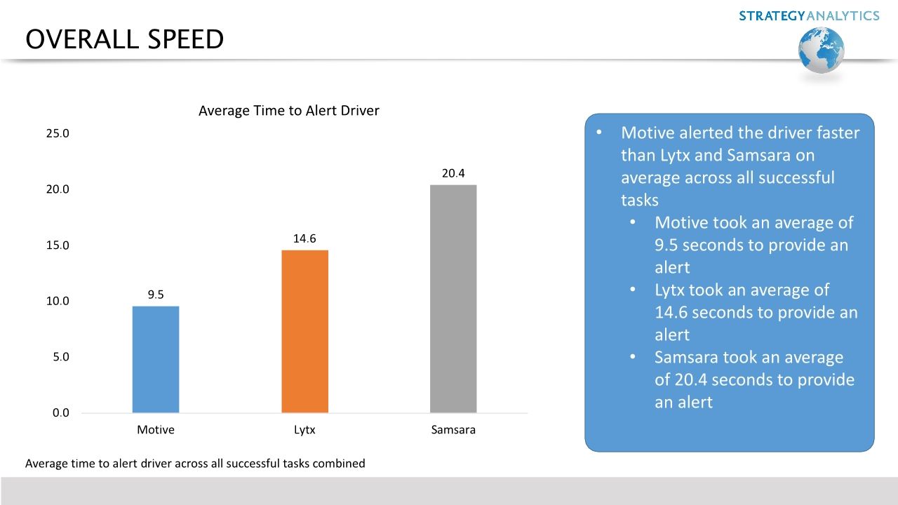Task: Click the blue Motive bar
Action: pyautogui.click(x=155, y=359)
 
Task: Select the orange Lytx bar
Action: pyautogui.click(x=304, y=331)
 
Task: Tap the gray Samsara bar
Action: pyautogui.click(x=453, y=299)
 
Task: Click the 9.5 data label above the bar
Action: pyautogui.click(x=156, y=295)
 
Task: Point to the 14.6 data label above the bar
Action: pyautogui.click(x=304, y=238)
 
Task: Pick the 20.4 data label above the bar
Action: pyautogui.click(x=453, y=173)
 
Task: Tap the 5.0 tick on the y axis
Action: pyautogui.click(x=60, y=357)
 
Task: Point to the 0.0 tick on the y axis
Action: pyautogui.click(x=60, y=412)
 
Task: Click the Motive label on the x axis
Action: pyautogui.click(x=155, y=430)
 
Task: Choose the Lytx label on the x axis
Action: pyautogui.click(x=304, y=430)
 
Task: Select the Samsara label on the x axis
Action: pyautogui.click(x=453, y=430)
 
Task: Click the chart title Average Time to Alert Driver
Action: pyautogui.click(x=288, y=111)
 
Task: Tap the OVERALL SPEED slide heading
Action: pyautogui.click(x=124, y=40)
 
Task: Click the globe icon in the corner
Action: pyautogui.click(x=821, y=50)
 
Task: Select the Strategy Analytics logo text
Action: pyautogui.click(x=808, y=15)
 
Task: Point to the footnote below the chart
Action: pyautogui.click(x=195, y=463)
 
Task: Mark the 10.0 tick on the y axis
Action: pyautogui.click(x=58, y=301)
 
